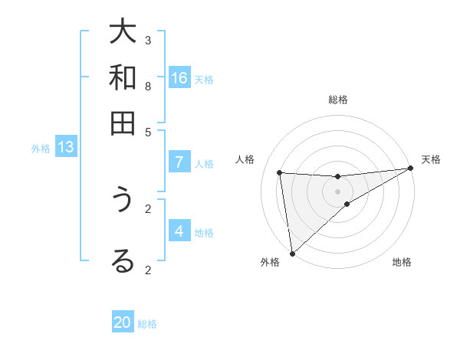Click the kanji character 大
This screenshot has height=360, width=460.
tap(122, 33)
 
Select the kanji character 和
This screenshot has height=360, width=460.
tap(122, 78)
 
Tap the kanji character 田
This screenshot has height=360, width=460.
tap(122, 123)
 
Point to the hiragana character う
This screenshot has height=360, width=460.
tap(122, 200)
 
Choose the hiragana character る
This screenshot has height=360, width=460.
tap(122, 261)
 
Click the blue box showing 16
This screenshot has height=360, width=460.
tap(179, 78)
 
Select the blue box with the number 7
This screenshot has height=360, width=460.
tap(179, 162)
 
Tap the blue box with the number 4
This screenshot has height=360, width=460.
tap(179, 231)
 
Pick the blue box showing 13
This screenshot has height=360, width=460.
tap(66, 147)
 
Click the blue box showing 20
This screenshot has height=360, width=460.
tap(123, 322)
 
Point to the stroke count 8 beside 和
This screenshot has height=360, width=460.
tap(148, 86)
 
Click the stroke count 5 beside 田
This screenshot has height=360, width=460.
tap(148, 131)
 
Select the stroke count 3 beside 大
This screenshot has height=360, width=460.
tap(148, 40)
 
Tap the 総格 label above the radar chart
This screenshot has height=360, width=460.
tap(338, 100)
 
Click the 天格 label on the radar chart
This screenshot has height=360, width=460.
tap(431, 159)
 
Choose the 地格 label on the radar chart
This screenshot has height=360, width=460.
tap(402, 262)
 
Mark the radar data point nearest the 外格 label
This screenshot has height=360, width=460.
tap(292, 253)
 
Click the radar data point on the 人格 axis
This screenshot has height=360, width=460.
tap(280, 172)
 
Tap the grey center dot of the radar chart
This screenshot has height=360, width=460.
tap(338, 191)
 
